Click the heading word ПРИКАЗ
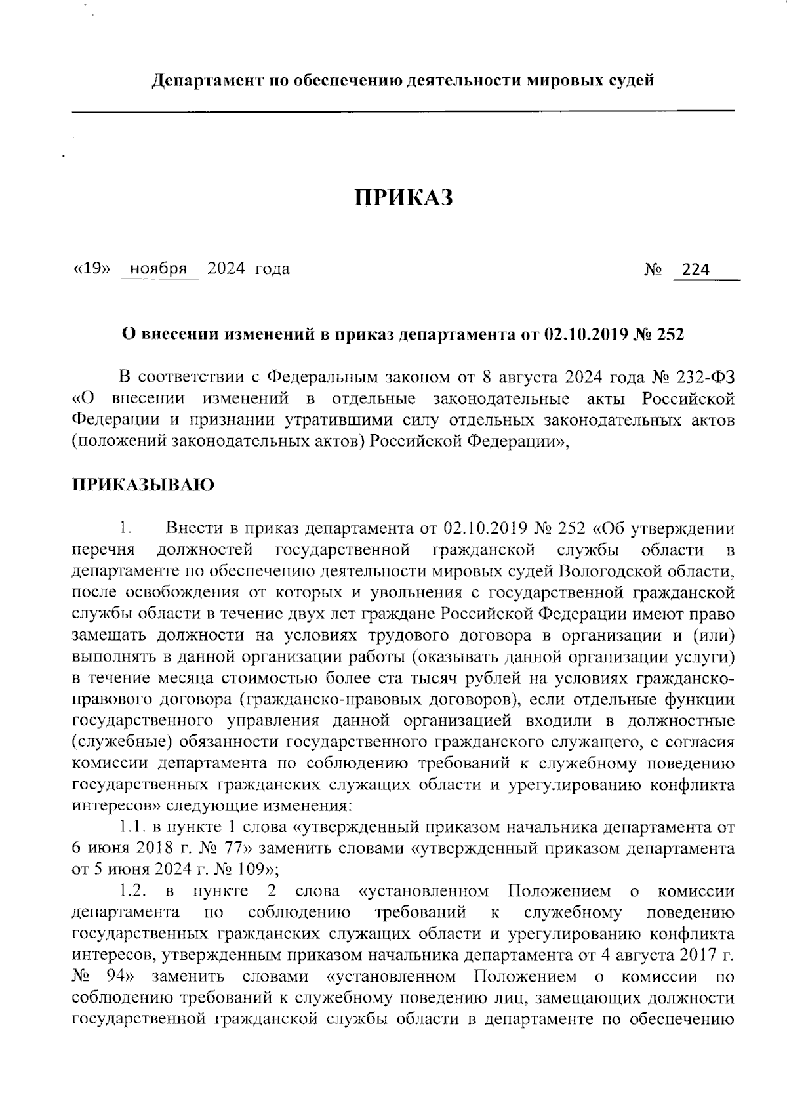click(x=404, y=197)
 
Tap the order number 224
click(x=696, y=269)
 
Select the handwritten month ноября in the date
click(x=159, y=269)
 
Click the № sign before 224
click(x=653, y=269)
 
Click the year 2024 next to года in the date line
click(x=226, y=269)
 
